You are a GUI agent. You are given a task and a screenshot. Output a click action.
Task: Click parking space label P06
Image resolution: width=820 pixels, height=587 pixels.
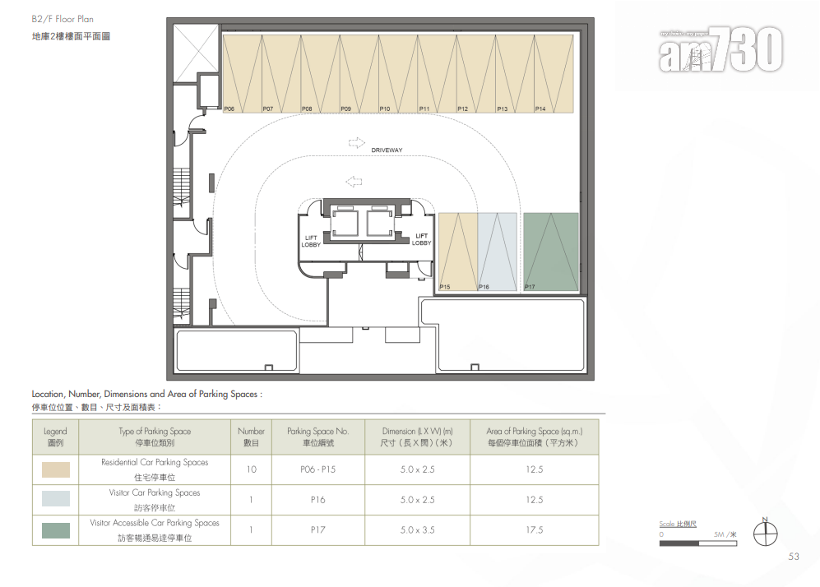click(x=229, y=109)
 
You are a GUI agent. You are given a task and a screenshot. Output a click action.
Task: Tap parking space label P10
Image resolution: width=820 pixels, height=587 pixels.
click(x=385, y=109)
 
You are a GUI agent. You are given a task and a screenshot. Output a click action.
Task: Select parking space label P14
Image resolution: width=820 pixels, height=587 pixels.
click(x=540, y=109)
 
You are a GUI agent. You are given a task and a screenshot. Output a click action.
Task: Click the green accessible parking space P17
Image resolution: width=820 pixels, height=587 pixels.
click(x=551, y=252)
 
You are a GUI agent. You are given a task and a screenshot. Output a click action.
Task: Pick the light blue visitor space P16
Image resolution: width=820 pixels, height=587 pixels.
click(x=498, y=252)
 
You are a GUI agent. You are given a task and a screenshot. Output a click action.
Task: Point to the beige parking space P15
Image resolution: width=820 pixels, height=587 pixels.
click(x=458, y=252)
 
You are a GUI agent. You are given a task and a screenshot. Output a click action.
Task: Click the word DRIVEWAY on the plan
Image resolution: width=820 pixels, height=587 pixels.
click(x=387, y=150)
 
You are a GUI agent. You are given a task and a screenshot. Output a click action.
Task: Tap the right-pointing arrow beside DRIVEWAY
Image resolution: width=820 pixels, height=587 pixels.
click(x=357, y=143)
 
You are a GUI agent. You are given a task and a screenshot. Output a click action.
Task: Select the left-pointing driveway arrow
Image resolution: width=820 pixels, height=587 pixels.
click(x=354, y=182)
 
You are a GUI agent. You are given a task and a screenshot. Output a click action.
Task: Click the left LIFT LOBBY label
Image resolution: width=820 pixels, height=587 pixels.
click(x=311, y=241)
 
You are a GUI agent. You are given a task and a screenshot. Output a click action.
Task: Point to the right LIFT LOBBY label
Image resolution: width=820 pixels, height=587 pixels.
click(x=421, y=239)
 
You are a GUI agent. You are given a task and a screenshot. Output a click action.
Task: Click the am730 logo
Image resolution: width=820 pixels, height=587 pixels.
click(x=720, y=49)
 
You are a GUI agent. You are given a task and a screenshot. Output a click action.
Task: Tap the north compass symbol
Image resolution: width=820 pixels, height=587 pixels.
click(x=765, y=532)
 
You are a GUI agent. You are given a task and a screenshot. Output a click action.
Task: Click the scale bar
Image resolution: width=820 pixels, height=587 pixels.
click(x=698, y=543)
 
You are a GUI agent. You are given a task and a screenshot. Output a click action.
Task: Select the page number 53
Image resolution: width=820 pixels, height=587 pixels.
click(x=794, y=557)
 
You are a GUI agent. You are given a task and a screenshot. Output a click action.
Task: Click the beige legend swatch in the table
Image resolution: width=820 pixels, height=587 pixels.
click(x=56, y=469)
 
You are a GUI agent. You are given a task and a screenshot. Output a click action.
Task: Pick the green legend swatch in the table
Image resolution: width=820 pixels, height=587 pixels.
click(x=56, y=530)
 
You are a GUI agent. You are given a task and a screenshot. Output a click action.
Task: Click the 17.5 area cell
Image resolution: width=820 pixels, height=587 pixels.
click(x=535, y=530)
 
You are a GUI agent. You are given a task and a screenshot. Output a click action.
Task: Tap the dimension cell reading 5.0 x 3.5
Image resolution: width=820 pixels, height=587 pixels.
click(x=417, y=530)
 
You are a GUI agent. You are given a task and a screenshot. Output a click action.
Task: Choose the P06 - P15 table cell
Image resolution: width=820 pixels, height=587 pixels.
click(x=318, y=469)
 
